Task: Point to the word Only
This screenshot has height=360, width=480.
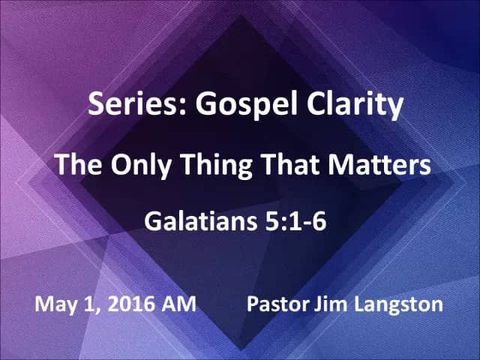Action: [141, 166]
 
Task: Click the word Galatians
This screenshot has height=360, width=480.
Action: [200, 221]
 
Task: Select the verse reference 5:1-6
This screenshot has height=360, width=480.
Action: [295, 221]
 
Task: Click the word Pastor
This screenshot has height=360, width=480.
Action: [277, 304]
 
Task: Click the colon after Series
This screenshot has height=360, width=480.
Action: [183, 107]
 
